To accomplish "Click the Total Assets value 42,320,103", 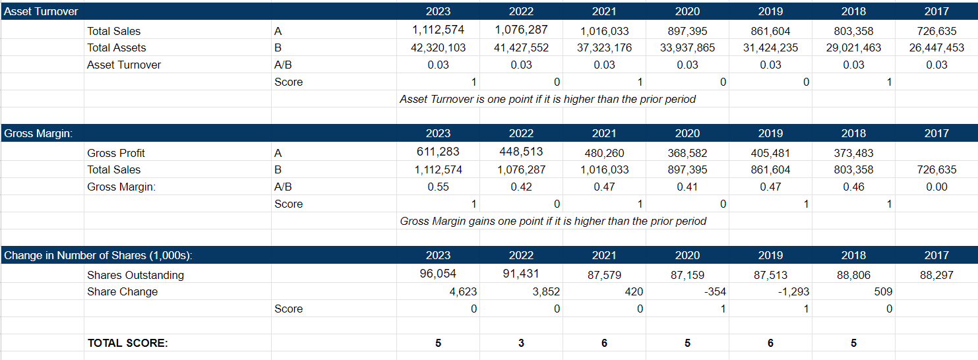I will [x=438, y=47].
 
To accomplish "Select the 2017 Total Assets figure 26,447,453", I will [x=936, y=47].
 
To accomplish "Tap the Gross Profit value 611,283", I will [x=438, y=152].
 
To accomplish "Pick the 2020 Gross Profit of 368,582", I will [x=687, y=153].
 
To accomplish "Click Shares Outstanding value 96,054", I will [x=438, y=274].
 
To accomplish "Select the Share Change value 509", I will [x=883, y=291].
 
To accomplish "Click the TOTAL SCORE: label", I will [x=127, y=343].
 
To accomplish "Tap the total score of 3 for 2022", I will [x=521, y=343].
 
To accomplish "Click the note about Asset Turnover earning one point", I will [x=547, y=99].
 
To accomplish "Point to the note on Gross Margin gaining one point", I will [x=553, y=221].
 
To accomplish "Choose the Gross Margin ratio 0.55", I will [x=438, y=187].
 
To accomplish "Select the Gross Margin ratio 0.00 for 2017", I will [x=936, y=187].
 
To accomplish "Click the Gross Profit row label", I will [x=116, y=153].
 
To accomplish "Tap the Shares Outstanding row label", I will [x=135, y=275].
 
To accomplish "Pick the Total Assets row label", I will [x=117, y=47].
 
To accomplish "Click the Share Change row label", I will [x=122, y=291].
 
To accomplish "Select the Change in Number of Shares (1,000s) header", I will [x=98, y=255].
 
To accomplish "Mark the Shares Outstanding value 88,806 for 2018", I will [x=853, y=275].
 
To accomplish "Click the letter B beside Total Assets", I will [x=278, y=47].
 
